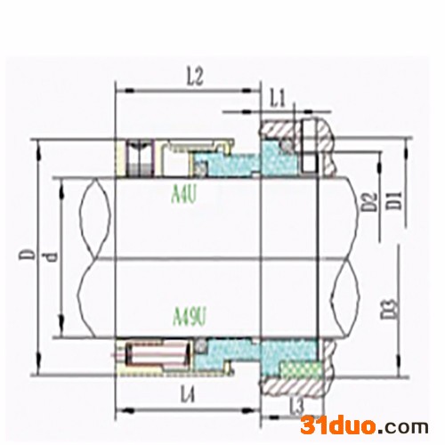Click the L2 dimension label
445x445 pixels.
pyautogui.click(x=197, y=78)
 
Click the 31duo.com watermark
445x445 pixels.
pyautogui.click(x=365, y=423)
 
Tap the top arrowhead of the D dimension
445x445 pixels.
pyautogui.click(x=37, y=142)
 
